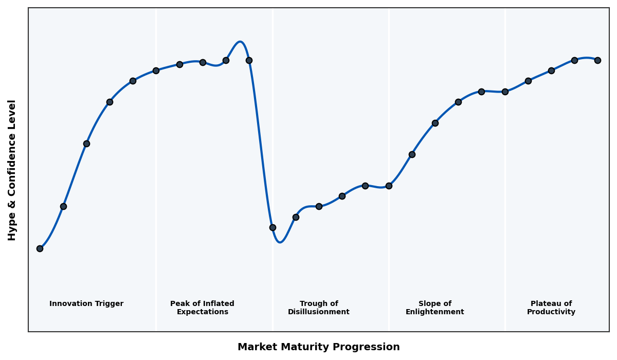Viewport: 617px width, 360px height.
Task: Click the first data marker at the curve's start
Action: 40,248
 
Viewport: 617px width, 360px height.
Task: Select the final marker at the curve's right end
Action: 597,60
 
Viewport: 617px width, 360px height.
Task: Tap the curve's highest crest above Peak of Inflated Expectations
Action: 240,42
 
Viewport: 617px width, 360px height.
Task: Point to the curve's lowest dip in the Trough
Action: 280,242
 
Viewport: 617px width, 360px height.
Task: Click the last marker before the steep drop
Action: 249,60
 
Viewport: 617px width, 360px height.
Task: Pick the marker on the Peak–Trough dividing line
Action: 273,227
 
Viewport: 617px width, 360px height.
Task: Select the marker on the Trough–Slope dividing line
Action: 389,186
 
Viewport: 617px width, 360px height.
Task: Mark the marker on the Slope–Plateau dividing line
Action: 505,92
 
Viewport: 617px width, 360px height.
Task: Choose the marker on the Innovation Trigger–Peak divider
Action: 156,70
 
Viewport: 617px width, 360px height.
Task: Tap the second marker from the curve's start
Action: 63,206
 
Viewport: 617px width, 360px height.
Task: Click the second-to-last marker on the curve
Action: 574,60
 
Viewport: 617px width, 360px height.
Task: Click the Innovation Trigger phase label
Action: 86,304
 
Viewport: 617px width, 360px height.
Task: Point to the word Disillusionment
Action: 319,312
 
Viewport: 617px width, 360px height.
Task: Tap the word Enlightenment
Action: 435,312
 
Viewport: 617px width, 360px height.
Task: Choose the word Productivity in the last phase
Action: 551,312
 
